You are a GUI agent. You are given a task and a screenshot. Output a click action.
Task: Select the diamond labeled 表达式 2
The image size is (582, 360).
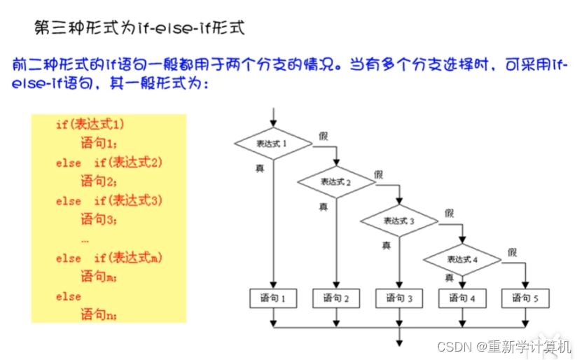[337, 182]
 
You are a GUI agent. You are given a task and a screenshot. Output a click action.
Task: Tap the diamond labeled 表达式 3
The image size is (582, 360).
[399, 221]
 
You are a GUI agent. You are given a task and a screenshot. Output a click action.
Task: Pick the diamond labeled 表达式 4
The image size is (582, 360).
[462, 260]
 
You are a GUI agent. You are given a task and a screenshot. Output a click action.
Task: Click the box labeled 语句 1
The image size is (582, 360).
[273, 299]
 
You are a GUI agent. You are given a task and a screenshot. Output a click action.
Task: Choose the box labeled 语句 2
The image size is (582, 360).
[337, 299]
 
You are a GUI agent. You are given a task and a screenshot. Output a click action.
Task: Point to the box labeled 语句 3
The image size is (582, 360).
[400, 299]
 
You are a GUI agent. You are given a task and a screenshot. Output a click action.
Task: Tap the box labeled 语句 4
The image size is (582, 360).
[462, 299]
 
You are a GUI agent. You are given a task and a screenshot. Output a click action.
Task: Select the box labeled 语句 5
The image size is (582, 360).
[525, 299]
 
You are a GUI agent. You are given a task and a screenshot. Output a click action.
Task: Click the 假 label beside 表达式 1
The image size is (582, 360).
[322, 135]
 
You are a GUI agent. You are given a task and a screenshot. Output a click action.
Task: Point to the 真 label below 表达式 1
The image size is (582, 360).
[259, 168]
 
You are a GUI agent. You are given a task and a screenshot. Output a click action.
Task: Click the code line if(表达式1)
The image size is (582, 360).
[90, 125]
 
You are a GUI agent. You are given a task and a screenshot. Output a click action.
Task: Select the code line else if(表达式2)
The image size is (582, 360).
[109, 162]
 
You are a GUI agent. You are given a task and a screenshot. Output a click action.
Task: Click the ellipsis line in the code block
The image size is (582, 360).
[85, 239]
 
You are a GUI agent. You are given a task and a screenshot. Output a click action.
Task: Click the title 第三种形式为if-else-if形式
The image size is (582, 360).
[139, 28]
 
